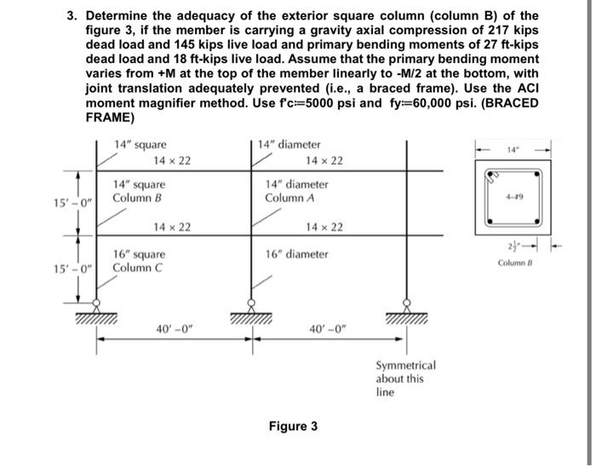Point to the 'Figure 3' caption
point(293,425)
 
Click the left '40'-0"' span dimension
point(173,328)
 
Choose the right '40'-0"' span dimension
point(328,328)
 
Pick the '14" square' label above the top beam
point(140,145)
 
